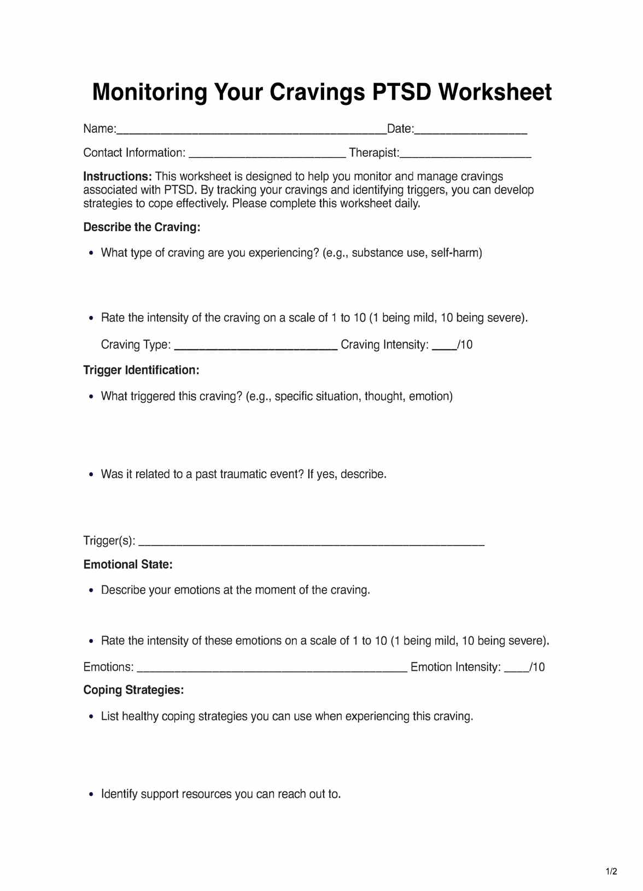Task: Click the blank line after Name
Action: (252, 131)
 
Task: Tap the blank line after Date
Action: (471, 131)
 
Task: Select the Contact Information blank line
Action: (267, 155)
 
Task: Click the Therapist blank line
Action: (465, 155)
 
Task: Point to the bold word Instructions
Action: (117, 177)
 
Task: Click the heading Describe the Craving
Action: (142, 227)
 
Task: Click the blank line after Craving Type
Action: (255, 347)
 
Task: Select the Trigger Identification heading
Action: (141, 370)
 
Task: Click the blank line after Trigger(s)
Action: (312, 543)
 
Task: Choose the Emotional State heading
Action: (128, 565)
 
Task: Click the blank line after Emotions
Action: (272, 669)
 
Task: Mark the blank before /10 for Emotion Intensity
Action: (516, 669)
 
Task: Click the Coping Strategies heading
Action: (133, 690)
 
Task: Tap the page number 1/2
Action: (611, 871)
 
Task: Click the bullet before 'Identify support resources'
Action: (91, 794)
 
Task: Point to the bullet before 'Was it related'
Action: (91, 474)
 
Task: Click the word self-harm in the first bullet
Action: (456, 253)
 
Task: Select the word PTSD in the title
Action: (402, 92)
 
